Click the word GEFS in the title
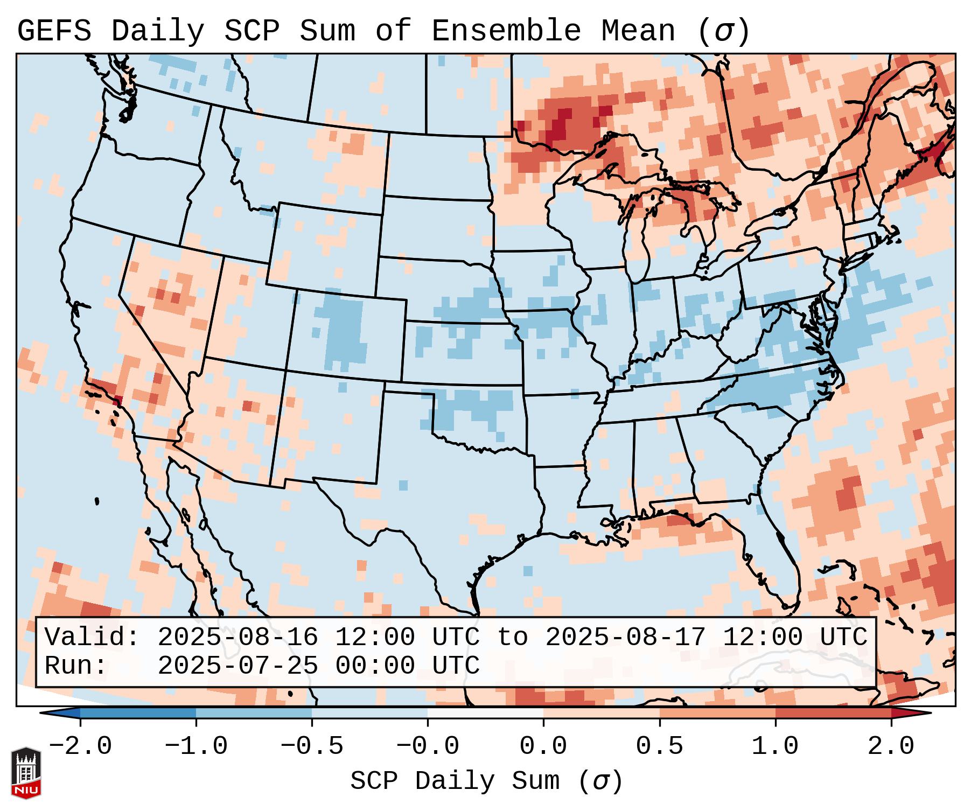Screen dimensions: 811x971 [x=54, y=31]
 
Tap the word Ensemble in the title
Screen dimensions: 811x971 [x=506, y=31]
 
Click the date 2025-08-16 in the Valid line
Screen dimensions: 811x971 [x=237, y=638]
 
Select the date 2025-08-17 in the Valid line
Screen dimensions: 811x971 [x=625, y=638]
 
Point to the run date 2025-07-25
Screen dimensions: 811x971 [x=237, y=666]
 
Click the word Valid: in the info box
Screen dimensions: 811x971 [x=92, y=638]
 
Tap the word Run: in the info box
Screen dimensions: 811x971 [x=75, y=666]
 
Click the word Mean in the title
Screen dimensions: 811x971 [x=638, y=31]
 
